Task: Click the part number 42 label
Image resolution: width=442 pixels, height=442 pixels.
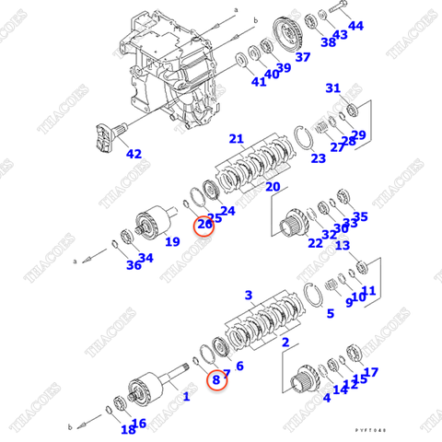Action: pos(134,154)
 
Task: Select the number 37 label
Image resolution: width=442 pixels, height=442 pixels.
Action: pos(303,57)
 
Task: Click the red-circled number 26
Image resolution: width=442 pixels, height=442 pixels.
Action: pos(204,224)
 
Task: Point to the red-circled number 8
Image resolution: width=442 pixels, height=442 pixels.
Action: pos(215,378)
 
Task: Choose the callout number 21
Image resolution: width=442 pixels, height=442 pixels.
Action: pos(237,140)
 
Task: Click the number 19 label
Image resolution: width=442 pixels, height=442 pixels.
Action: pos(172,242)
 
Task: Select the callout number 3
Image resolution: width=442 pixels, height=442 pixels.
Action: pos(249,295)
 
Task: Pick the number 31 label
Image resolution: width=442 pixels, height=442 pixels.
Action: pos(333,88)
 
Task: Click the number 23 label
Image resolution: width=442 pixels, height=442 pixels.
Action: pos(318,157)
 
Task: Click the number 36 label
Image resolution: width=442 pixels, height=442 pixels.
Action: pos(134,265)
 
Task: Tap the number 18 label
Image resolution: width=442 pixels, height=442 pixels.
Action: pos(127,429)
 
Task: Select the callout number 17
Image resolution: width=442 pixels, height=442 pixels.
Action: pos(371,372)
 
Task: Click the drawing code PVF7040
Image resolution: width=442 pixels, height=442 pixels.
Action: pos(374,430)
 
